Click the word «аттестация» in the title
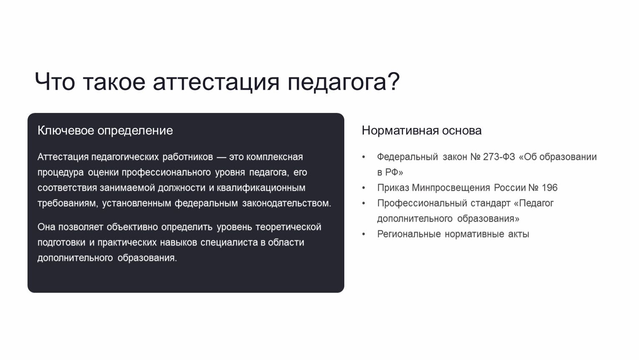(x=216, y=82)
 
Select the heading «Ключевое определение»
(x=105, y=131)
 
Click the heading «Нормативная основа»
(x=422, y=131)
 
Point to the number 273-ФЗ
(x=499, y=157)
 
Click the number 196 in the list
(x=549, y=187)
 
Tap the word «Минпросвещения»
(x=451, y=188)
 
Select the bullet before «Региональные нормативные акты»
(x=363, y=234)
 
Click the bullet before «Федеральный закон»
(x=363, y=157)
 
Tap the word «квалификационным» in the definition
(x=261, y=188)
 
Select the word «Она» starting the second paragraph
(x=46, y=227)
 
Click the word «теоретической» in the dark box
(x=288, y=227)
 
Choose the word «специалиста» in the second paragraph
(x=229, y=242)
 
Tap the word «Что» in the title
(x=55, y=82)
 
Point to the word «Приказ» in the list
(x=393, y=188)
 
